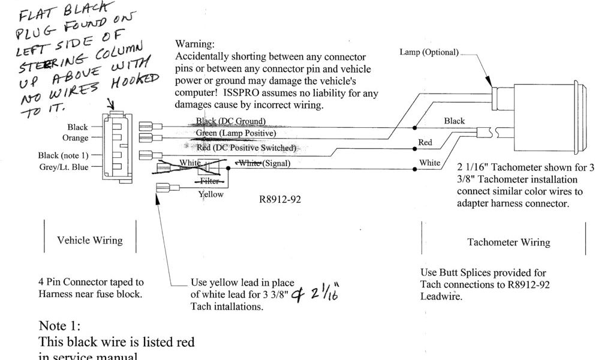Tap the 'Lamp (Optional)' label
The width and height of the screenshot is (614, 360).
[429, 52]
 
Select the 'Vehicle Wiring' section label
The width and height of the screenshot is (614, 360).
[90, 241]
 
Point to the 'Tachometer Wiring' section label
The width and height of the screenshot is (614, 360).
[508, 242]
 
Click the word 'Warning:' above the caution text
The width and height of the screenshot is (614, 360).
[194, 44]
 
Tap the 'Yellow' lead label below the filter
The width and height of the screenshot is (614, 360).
[210, 194]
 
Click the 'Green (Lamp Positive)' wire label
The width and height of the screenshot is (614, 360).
[236, 133]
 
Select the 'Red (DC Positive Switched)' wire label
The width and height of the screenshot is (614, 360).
[246, 148]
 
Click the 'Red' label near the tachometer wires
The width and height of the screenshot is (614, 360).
[425, 143]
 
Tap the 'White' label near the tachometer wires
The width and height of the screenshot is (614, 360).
[429, 163]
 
